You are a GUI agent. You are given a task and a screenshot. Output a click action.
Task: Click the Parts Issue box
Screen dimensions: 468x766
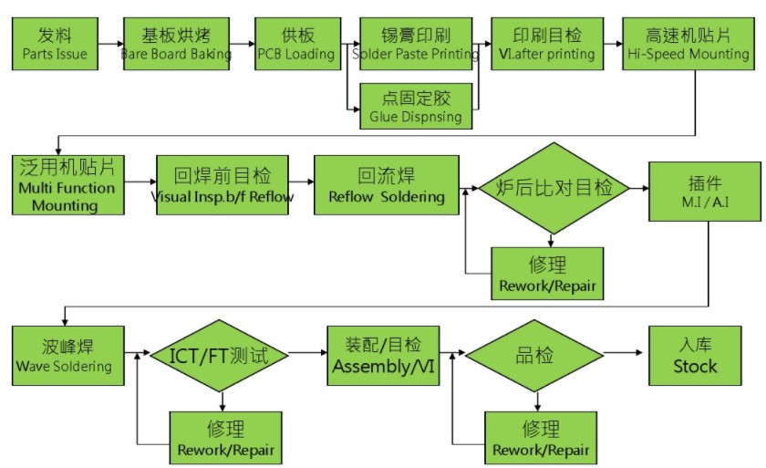click(56, 44)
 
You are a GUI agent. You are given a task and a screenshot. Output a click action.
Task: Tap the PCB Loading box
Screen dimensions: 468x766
click(297, 44)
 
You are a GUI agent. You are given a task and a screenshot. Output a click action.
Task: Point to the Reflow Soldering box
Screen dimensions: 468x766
click(387, 185)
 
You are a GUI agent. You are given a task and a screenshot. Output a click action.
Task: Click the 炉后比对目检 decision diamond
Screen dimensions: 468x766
click(554, 189)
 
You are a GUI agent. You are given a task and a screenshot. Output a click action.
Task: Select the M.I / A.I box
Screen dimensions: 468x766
click(704, 190)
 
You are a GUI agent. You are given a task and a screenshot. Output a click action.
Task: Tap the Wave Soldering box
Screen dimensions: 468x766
click(64, 356)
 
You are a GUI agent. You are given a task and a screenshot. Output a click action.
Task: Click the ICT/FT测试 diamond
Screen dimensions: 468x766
click(219, 355)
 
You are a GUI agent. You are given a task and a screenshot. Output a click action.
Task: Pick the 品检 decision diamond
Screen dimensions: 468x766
click(536, 355)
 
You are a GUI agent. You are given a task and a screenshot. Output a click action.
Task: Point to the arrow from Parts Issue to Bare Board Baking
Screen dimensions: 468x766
click(110, 44)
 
